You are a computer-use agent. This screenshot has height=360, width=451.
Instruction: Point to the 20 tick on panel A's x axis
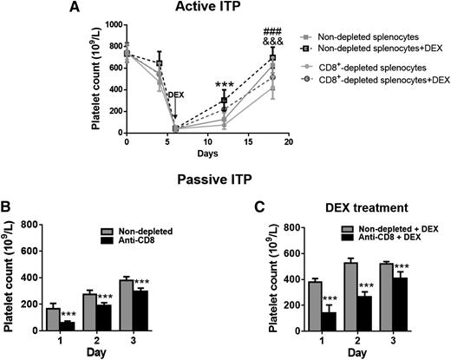287,143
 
